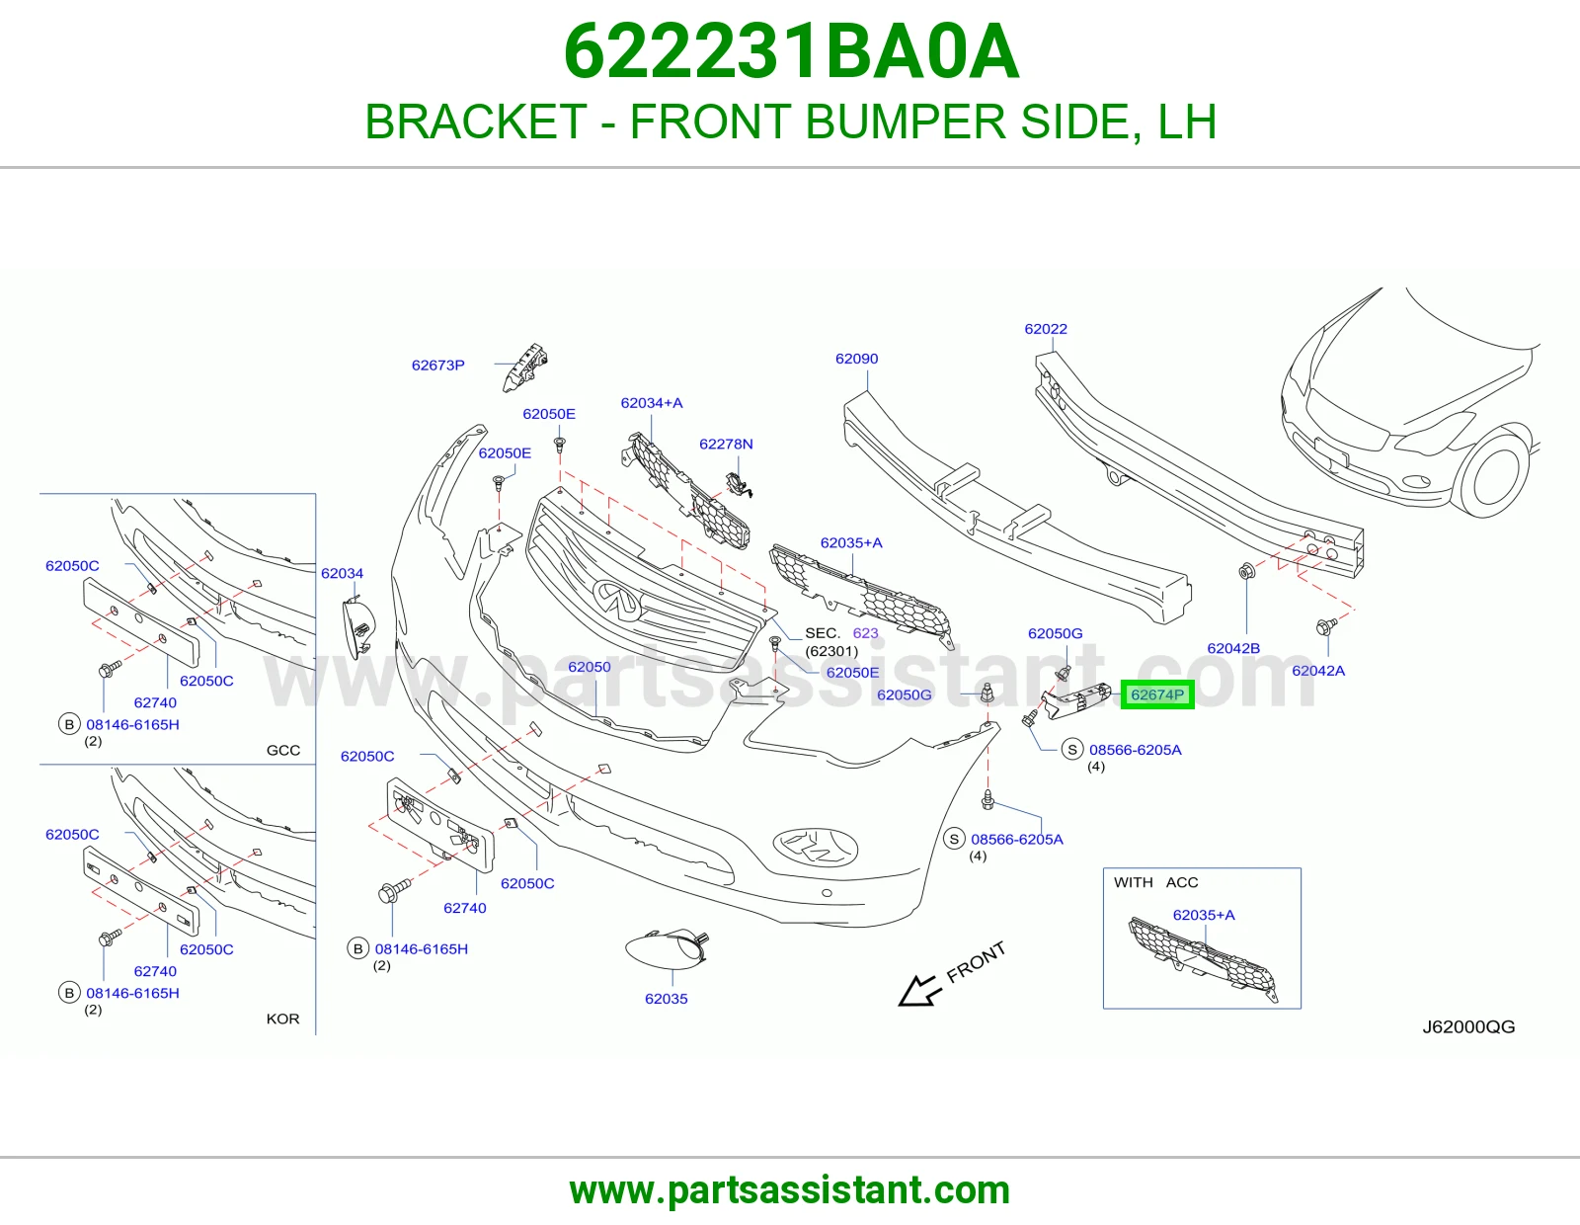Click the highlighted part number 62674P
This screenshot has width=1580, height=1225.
coord(1156,694)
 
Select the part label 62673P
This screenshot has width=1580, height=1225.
coord(437,366)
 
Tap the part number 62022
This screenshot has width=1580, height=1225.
coord(1046,329)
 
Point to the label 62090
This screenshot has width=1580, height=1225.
coord(856,359)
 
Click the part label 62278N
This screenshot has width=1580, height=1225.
coord(726,444)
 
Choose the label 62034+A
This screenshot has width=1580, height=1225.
coord(652,403)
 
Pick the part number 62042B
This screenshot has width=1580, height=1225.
coord(1233,648)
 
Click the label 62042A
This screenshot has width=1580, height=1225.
coord(1318,671)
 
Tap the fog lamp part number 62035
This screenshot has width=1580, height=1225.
coord(666,999)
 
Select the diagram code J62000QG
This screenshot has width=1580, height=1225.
coord(1468,1027)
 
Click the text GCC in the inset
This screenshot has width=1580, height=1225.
coord(282,750)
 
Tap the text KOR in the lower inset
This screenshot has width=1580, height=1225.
coord(282,1019)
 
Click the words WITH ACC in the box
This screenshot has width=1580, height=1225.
coord(1155,882)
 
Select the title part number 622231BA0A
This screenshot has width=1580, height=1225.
coord(791,51)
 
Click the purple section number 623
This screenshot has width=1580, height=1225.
coord(865,633)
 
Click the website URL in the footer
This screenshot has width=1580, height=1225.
coord(790,1190)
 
